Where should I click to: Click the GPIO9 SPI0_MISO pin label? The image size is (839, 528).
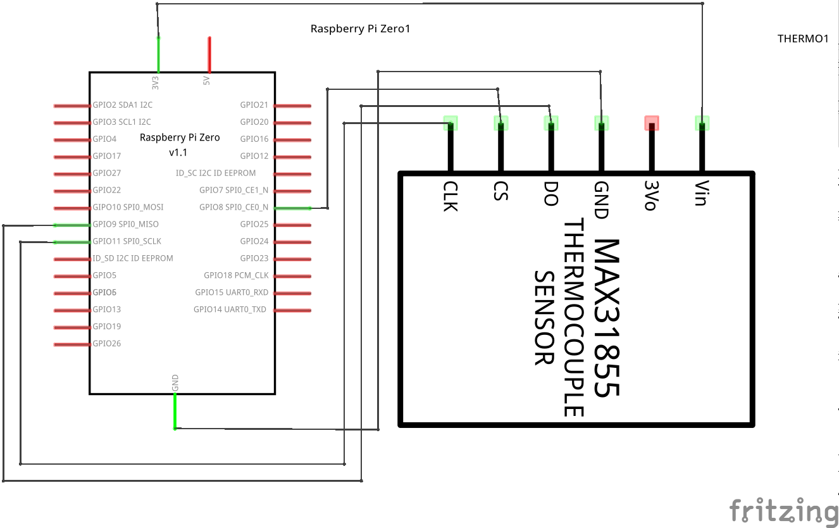point(125,224)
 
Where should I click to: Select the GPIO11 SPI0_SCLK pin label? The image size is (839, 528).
point(127,241)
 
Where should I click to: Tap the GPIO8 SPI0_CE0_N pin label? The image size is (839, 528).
point(233,207)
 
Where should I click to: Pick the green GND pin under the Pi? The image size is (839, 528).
point(175,412)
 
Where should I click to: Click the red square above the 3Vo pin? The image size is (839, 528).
point(652,123)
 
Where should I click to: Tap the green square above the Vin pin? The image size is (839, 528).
point(702,123)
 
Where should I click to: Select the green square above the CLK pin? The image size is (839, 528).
point(451,123)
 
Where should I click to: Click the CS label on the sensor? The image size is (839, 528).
point(500,191)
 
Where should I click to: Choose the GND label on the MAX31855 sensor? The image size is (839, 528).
point(601,199)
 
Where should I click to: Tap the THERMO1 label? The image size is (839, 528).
point(803,39)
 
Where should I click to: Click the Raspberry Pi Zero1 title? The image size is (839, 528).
point(360,28)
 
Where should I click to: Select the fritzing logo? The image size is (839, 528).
point(783,510)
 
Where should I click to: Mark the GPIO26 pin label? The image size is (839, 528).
point(106,344)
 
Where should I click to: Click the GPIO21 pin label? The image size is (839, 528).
point(254,105)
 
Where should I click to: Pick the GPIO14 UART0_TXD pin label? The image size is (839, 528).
point(231,310)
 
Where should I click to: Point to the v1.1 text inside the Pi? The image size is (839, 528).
point(178,153)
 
